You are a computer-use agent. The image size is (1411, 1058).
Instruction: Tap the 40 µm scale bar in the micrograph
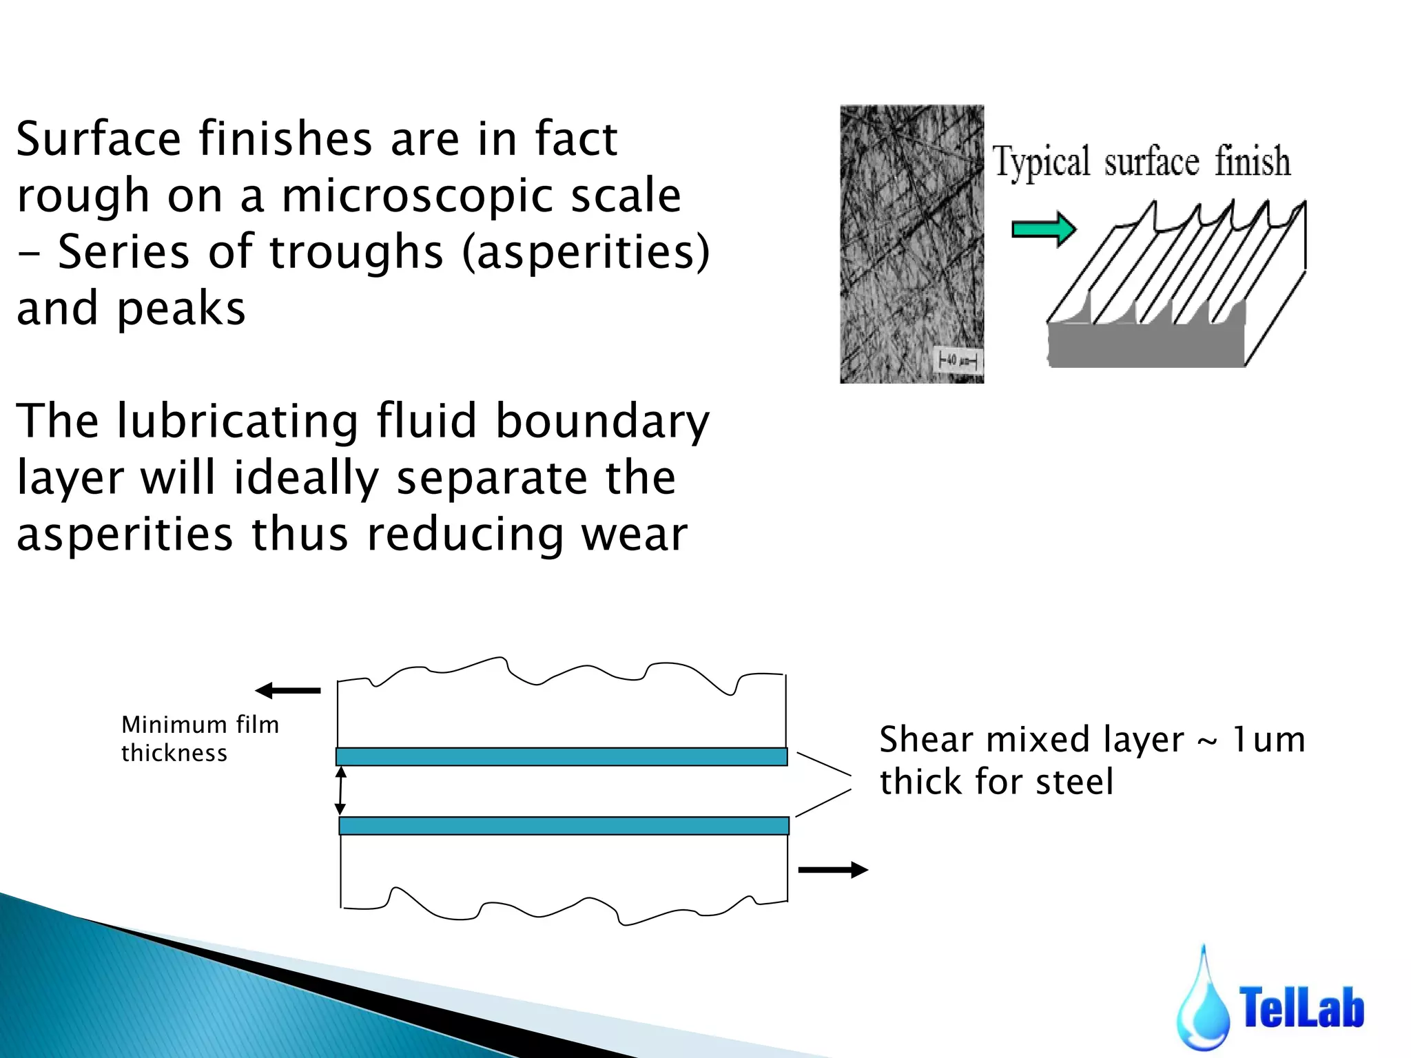[958, 360]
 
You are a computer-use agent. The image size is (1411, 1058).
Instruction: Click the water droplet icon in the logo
[1203, 1006]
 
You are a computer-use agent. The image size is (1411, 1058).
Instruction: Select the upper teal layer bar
[562, 756]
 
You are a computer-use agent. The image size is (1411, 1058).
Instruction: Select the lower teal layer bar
[564, 825]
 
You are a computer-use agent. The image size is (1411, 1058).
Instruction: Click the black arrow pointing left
[288, 690]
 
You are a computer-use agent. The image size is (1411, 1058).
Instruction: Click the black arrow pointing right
[832, 870]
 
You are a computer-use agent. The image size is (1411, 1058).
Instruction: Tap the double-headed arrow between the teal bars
[340, 791]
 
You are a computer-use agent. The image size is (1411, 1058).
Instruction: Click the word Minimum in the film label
[174, 725]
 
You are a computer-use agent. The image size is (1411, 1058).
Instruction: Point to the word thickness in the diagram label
[174, 753]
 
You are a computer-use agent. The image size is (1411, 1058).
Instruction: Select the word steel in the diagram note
[1074, 782]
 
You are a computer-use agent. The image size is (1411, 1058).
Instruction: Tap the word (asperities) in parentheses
[586, 252]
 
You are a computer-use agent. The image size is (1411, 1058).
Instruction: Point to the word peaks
[181, 309]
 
